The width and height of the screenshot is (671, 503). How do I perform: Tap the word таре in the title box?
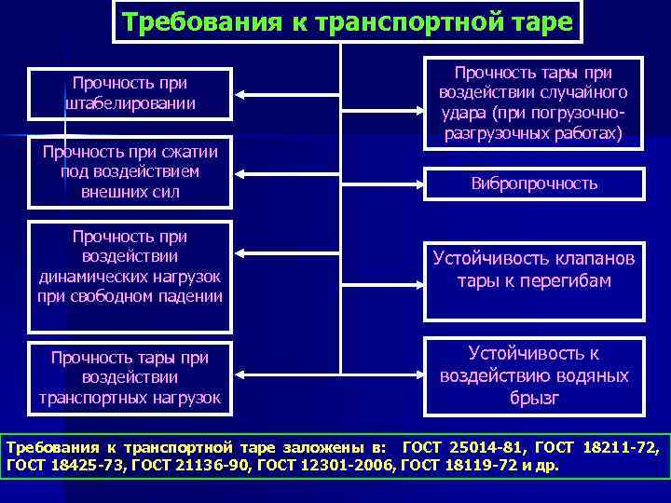[538, 21]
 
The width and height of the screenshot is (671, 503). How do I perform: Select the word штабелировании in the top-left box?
[130, 102]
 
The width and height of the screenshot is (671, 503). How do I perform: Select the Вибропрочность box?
[534, 184]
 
